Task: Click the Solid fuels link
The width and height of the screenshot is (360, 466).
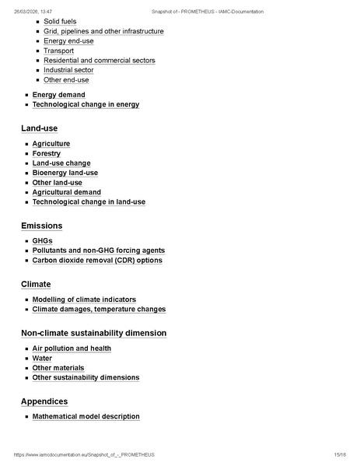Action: (x=60, y=22)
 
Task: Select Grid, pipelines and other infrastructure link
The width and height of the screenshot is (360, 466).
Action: (x=103, y=31)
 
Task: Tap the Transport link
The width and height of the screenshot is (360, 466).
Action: (x=58, y=51)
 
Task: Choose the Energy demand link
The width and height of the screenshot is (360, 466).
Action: (x=58, y=95)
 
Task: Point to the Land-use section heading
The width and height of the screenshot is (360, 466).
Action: (x=39, y=128)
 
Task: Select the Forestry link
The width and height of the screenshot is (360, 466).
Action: (x=47, y=153)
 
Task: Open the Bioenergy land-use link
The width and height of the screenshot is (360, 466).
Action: (x=65, y=173)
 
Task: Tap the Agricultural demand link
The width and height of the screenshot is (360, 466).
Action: (x=66, y=192)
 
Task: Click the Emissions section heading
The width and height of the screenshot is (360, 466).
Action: (x=41, y=226)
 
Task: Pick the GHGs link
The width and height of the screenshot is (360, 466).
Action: (x=43, y=241)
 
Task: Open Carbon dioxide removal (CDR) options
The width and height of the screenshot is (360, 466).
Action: (x=97, y=261)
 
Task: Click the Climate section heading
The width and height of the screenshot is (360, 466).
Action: (x=36, y=285)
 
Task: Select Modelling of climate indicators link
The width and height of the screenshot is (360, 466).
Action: (x=84, y=300)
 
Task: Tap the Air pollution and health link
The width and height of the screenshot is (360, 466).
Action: (x=72, y=349)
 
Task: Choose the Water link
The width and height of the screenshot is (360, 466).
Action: (x=42, y=359)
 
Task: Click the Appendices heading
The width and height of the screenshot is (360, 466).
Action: (x=44, y=401)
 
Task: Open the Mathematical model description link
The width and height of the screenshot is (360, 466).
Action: (x=86, y=416)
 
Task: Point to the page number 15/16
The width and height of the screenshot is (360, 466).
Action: (x=339, y=454)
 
